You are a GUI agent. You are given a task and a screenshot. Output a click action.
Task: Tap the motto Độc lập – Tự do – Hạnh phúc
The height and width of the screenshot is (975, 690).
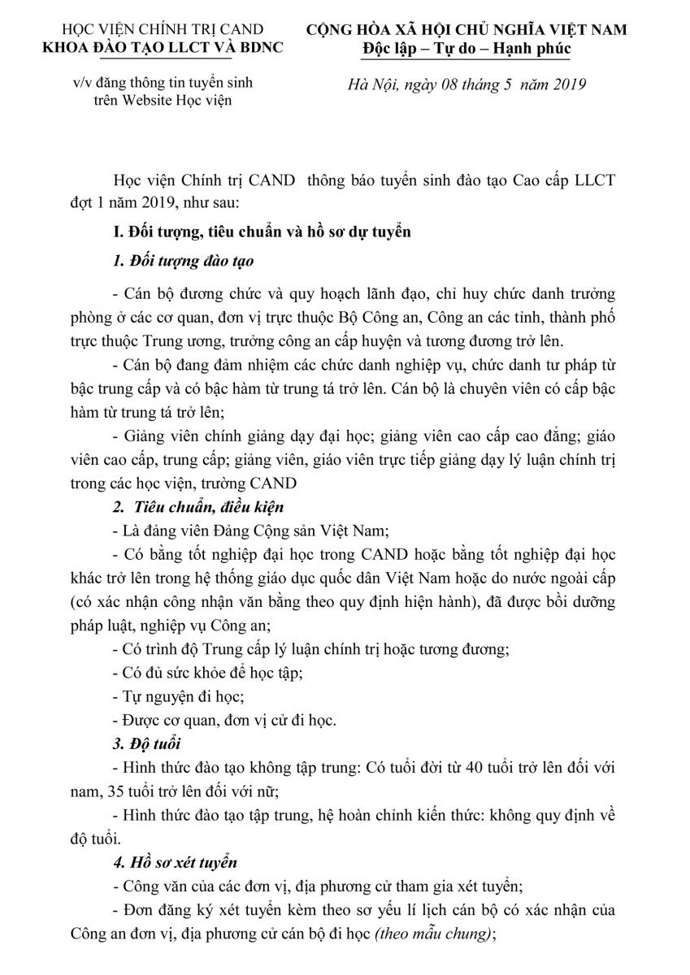click(467, 49)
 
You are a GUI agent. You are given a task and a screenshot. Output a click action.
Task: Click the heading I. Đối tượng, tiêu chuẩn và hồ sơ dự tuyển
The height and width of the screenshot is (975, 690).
click(262, 232)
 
